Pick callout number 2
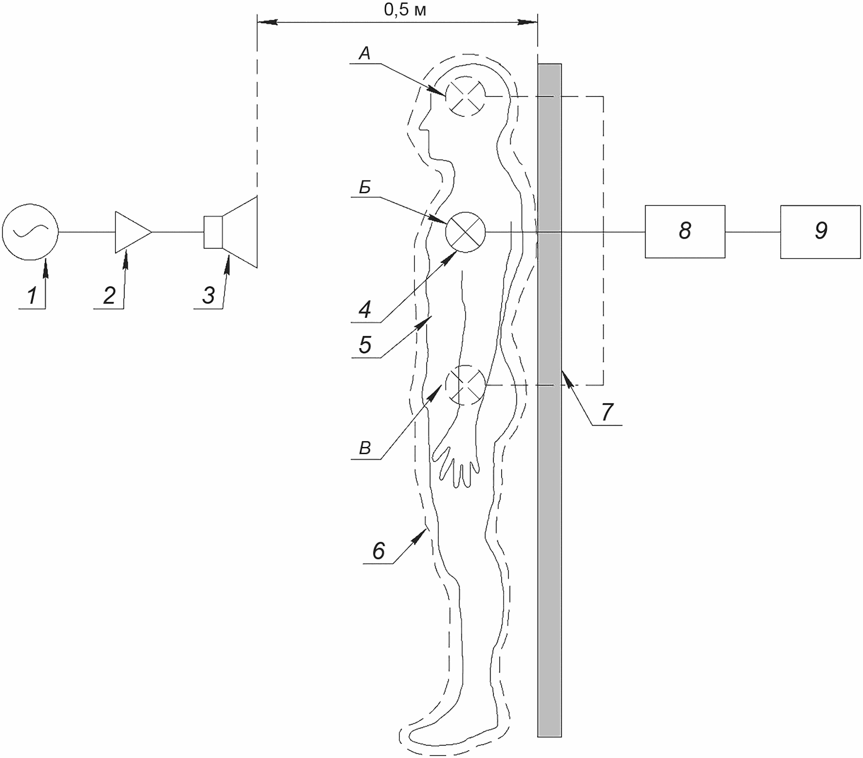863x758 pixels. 109,296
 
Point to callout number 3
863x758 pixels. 208,296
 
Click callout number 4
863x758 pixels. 365,310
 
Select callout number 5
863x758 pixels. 365,345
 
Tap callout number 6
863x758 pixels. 379,551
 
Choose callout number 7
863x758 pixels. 606,413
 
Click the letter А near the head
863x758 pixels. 365,53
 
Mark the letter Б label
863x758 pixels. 365,187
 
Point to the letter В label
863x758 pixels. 365,448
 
